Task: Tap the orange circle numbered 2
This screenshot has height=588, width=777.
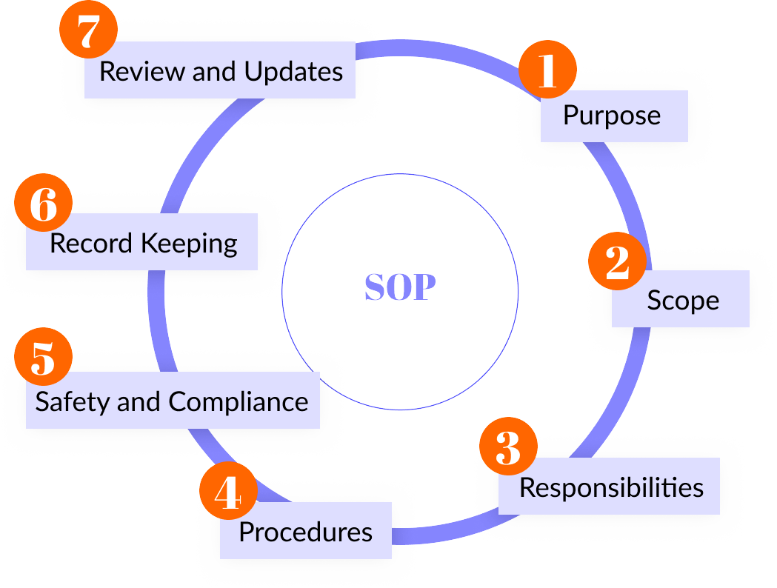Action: pyautogui.click(x=617, y=263)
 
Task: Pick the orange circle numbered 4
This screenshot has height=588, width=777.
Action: pyautogui.click(x=228, y=492)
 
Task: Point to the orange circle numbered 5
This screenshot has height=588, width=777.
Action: pyautogui.click(x=44, y=357)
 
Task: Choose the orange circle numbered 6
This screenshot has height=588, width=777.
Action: pyautogui.click(x=43, y=204)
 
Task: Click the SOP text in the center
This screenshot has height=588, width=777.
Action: pyautogui.click(x=400, y=287)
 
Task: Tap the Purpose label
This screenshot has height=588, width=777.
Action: pyautogui.click(x=612, y=116)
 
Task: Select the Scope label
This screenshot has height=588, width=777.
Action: pyautogui.click(x=683, y=300)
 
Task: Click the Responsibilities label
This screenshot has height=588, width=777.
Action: pyautogui.click(x=611, y=487)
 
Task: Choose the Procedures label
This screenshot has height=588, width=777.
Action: pyautogui.click(x=305, y=531)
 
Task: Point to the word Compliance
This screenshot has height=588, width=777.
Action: pyautogui.click(x=238, y=402)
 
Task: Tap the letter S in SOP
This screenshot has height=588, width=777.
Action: pyautogui.click(x=375, y=287)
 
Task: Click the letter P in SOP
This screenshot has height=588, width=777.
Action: pyautogui.click(x=424, y=287)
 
